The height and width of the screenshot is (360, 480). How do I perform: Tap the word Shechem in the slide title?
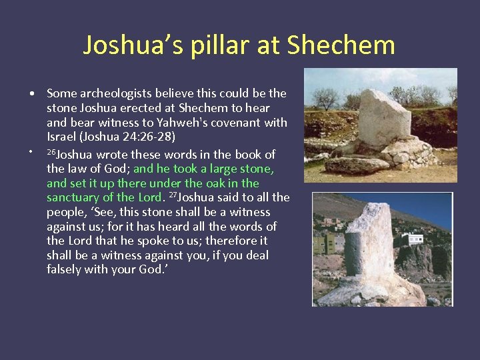(341, 45)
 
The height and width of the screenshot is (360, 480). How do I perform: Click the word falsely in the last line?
(65, 269)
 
